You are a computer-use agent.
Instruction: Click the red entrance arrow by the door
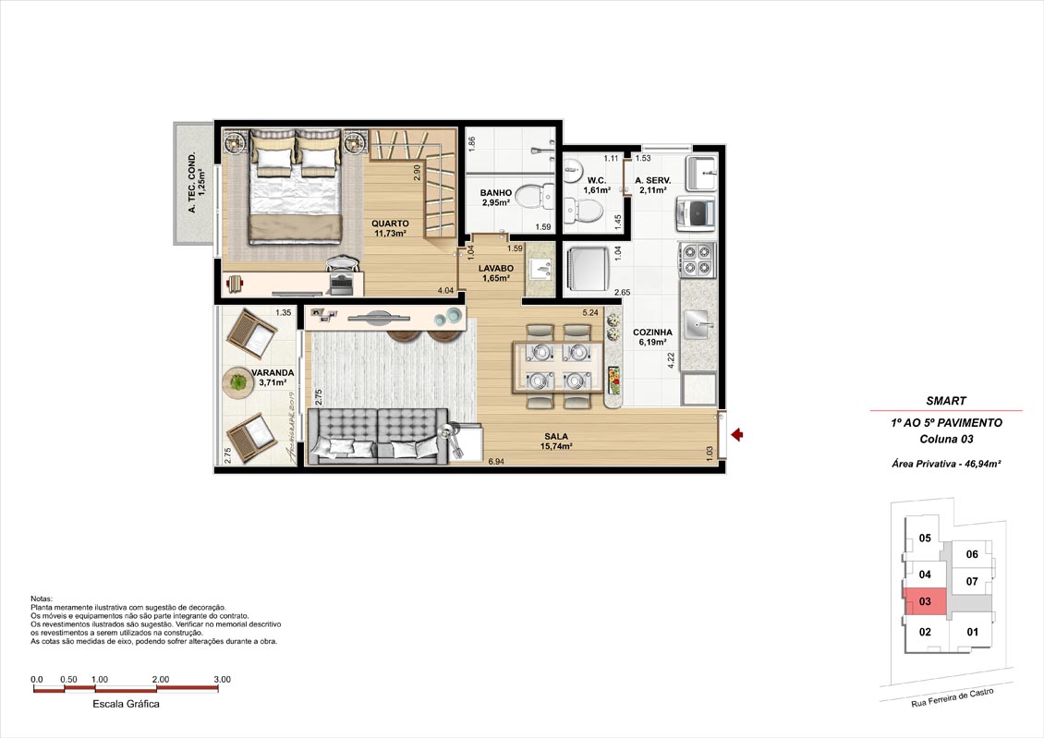pyautogui.click(x=736, y=434)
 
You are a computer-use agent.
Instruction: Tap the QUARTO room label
pyautogui.click(x=390, y=224)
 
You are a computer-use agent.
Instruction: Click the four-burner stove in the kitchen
pyautogui.click(x=698, y=260)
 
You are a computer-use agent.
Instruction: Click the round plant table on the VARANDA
pyautogui.click(x=237, y=382)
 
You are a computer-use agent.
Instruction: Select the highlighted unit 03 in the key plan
pyautogui.click(x=925, y=601)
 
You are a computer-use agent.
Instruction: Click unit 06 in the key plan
pyautogui.click(x=972, y=553)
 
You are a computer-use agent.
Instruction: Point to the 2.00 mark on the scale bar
pyautogui.click(x=161, y=680)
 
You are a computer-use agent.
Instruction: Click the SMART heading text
pyautogui.click(x=946, y=401)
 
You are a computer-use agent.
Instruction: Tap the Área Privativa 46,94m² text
pyautogui.click(x=946, y=465)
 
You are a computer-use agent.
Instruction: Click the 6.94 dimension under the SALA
pyautogui.click(x=496, y=461)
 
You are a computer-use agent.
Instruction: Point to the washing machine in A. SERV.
pyautogui.click(x=696, y=212)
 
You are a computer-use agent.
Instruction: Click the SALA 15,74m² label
pyautogui.click(x=556, y=442)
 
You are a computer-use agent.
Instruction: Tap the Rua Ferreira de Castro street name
pyautogui.click(x=953, y=697)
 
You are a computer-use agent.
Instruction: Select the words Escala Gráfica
pyautogui.click(x=126, y=704)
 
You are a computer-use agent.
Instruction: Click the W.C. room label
pyautogui.click(x=597, y=180)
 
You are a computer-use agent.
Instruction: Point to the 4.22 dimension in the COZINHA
pyautogui.click(x=671, y=360)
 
